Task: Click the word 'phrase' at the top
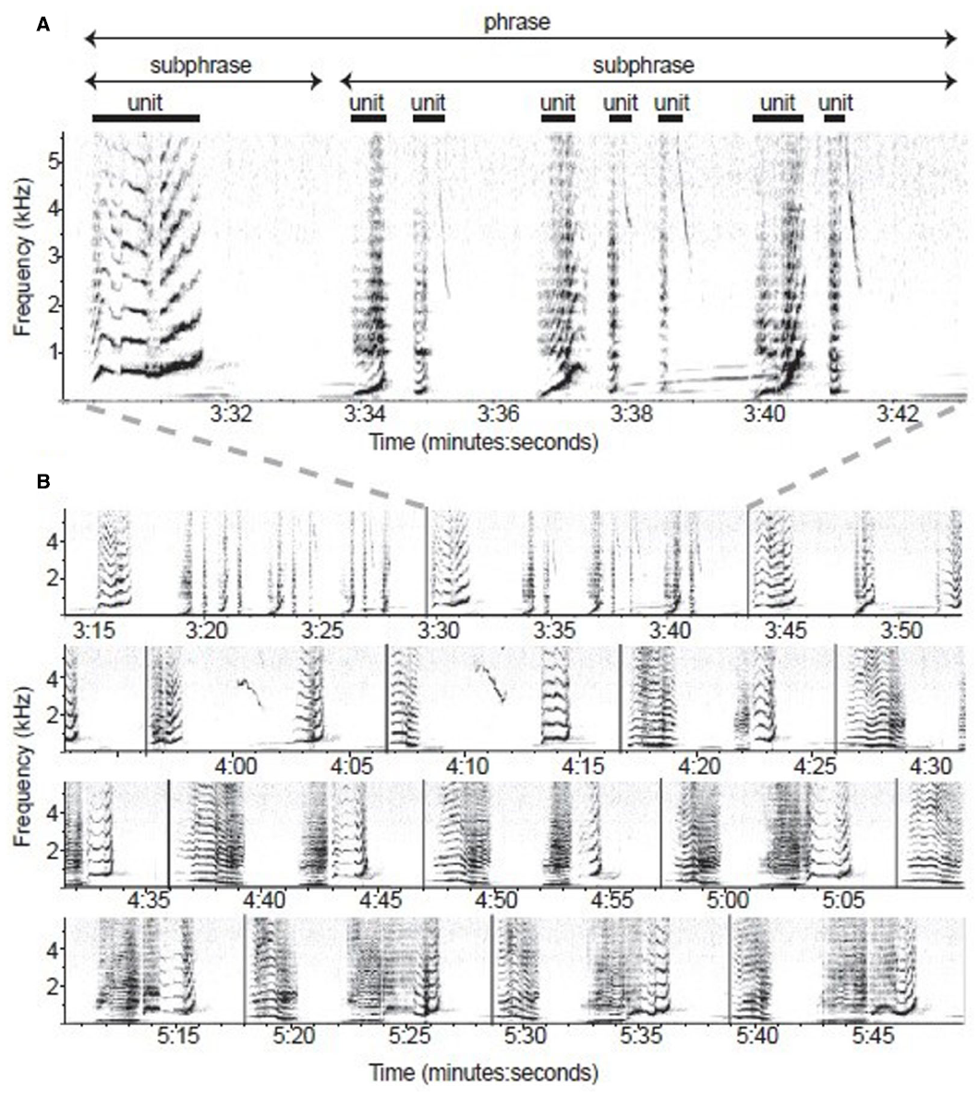click(x=516, y=20)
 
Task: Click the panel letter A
click(x=42, y=26)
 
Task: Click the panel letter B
click(x=42, y=481)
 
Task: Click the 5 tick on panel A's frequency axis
click(x=54, y=162)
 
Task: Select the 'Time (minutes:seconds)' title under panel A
click(x=483, y=442)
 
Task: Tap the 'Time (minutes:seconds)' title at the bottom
click(x=483, y=1073)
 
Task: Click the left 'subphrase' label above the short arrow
click(x=200, y=66)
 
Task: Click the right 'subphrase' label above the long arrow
click(x=643, y=66)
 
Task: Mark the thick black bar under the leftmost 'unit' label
click(x=146, y=118)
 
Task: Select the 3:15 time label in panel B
click(x=92, y=630)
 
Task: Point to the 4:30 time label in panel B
click(x=929, y=766)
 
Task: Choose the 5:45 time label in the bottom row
click(x=873, y=1035)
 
